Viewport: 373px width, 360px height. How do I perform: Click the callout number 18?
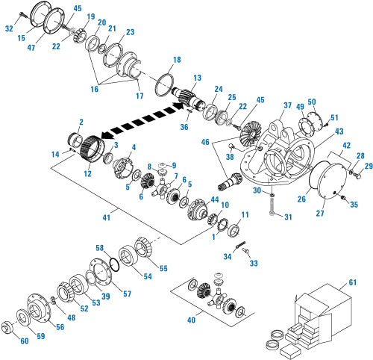pyautogui.click(x=177, y=60)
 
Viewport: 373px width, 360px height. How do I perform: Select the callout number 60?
pyautogui.click(x=24, y=341)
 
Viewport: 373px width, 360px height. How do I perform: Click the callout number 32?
pyautogui.click(x=10, y=28)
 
